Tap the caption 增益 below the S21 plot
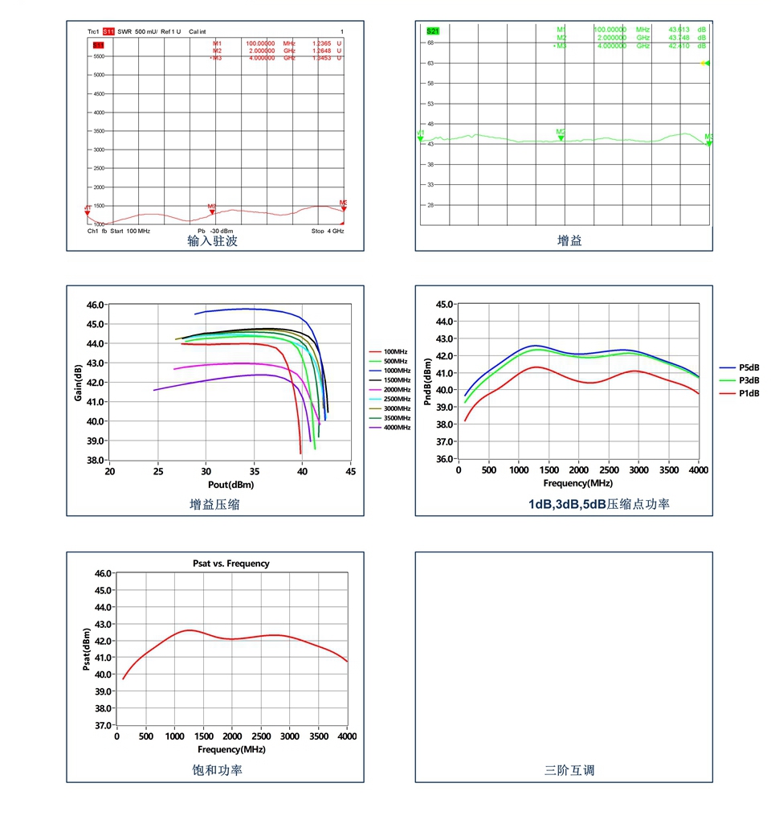pyautogui.click(x=569, y=240)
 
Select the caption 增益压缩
pyautogui.click(x=214, y=504)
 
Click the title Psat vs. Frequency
pyautogui.click(x=231, y=564)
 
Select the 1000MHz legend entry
pyautogui.click(x=397, y=371)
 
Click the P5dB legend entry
pyautogui.click(x=749, y=367)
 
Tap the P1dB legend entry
pyautogui.click(x=749, y=393)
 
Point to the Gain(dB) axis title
pyautogui.click(x=79, y=381)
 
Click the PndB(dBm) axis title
pyautogui.click(x=427, y=381)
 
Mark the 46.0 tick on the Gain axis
pyautogui.click(x=94, y=305)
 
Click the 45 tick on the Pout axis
pyautogui.click(x=350, y=472)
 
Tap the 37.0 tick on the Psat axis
pyautogui.click(x=103, y=725)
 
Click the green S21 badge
pyautogui.click(x=434, y=30)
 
